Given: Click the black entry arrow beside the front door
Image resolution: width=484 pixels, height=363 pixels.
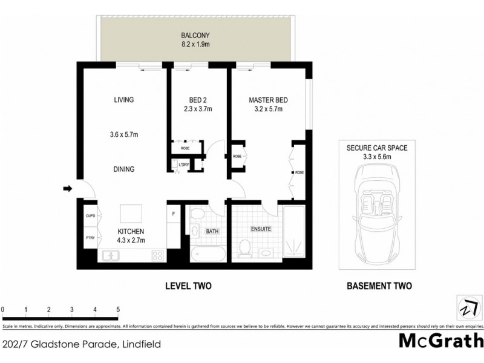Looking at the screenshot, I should pyautogui.click(x=66, y=190).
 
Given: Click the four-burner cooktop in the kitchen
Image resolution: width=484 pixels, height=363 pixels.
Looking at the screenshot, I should pyautogui.click(x=158, y=256).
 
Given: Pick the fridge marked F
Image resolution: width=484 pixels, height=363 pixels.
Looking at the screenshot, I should pyautogui.click(x=174, y=214).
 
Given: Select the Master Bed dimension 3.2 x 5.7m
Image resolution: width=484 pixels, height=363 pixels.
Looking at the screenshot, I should pyautogui.click(x=267, y=110).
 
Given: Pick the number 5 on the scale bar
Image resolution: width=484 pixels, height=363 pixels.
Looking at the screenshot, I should pyautogui.click(x=118, y=309).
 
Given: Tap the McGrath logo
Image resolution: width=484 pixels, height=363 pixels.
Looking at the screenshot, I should pyautogui.click(x=441, y=341).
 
